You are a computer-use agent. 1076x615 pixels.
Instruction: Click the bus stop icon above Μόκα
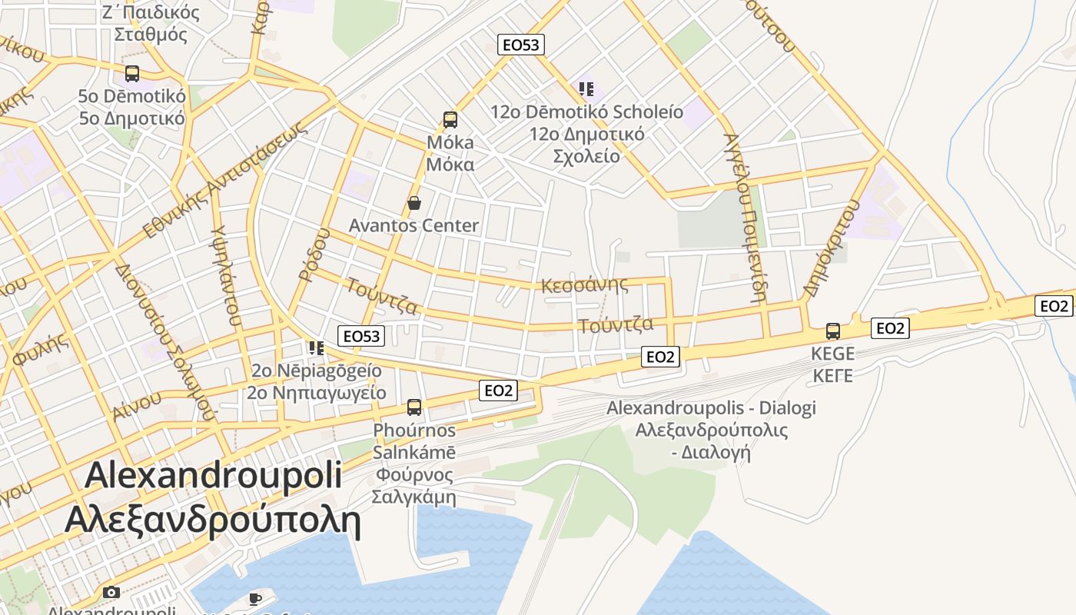click(450, 120)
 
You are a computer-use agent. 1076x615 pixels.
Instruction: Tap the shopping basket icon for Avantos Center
click(414, 203)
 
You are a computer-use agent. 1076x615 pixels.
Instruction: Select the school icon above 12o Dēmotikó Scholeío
click(586, 89)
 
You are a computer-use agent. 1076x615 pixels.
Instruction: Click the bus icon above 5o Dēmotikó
click(132, 74)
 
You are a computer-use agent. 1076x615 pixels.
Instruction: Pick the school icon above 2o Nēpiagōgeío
click(316, 348)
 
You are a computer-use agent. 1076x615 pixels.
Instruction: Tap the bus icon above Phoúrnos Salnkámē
click(414, 407)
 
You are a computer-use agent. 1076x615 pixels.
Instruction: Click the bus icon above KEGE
click(833, 331)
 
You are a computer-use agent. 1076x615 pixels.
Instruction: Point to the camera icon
click(111, 592)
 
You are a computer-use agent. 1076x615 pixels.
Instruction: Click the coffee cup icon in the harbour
click(255, 598)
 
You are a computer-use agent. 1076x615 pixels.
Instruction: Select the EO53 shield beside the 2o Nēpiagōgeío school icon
click(361, 336)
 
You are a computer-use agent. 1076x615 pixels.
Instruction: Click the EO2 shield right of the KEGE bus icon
click(890, 329)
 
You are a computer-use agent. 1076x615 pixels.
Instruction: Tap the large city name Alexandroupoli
click(213, 475)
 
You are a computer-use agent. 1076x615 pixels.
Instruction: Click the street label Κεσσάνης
click(584, 285)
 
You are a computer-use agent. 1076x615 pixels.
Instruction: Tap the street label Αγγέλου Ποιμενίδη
click(745, 217)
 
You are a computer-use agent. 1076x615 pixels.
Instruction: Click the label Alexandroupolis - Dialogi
click(711, 408)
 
